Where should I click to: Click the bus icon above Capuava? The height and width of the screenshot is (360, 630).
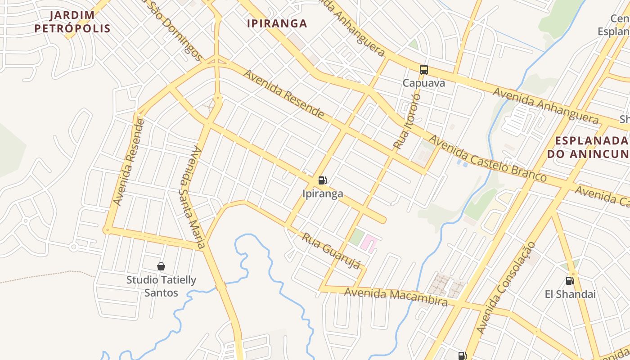(x=423, y=70)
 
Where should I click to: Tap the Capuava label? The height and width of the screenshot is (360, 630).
(x=423, y=83)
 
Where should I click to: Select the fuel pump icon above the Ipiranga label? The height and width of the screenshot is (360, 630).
(x=322, y=180)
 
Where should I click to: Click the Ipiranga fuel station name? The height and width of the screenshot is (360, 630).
(x=323, y=194)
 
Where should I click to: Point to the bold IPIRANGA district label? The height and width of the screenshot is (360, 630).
(x=277, y=23)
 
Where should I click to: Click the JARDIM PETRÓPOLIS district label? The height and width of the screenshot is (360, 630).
(x=72, y=22)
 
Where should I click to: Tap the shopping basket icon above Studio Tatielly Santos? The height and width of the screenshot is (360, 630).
(x=161, y=266)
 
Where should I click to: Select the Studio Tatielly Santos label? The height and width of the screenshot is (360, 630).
(x=161, y=286)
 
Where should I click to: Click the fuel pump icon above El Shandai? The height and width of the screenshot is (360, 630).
(x=570, y=281)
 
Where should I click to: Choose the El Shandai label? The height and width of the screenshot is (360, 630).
(x=570, y=294)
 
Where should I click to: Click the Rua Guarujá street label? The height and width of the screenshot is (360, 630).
(x=331, y=251)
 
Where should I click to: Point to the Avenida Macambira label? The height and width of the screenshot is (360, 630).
(x=396, y=297)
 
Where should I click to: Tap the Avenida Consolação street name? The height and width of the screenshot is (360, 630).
(x=507, y=288)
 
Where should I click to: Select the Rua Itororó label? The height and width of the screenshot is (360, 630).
(x=407, y=121)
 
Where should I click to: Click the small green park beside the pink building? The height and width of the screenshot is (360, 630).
(x=356, y=237)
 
